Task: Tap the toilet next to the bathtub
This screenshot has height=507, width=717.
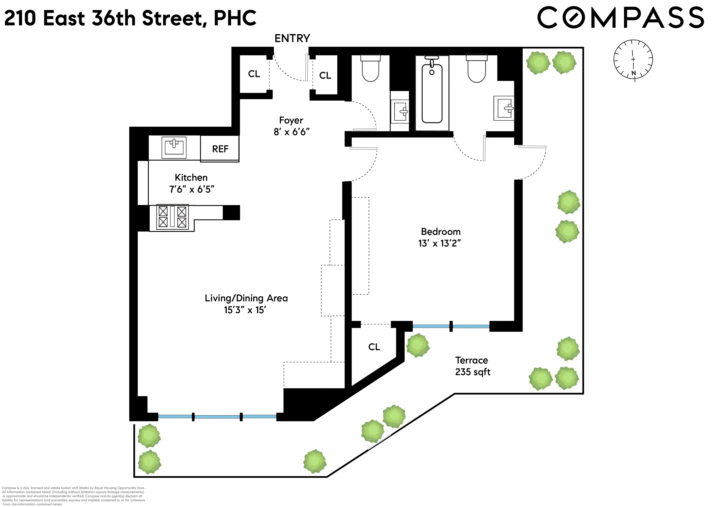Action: coord(477,69)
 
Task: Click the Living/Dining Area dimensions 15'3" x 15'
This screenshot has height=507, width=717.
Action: coord(245,310)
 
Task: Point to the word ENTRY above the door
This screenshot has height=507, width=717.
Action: coord(292,38)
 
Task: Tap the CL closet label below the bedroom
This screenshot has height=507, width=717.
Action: coord(374,347)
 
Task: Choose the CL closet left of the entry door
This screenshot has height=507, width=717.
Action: coord(254,74)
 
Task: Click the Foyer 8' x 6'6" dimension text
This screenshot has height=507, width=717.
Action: coord(291,132)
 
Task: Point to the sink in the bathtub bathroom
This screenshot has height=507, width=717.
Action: coord(504,108)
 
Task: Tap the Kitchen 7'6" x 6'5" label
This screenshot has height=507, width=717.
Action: coord(192,183)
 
